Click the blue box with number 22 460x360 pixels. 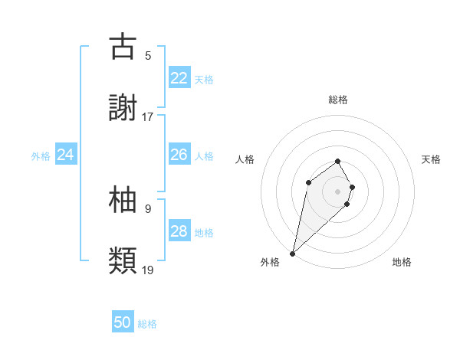(179, 78)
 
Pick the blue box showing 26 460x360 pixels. (179, 155)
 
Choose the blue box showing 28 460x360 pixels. (179, 231)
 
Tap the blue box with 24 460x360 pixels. (65, 155)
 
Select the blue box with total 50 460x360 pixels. (123, 322)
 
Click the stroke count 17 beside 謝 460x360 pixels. (148, 117)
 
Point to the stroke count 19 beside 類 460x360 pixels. (148, 270)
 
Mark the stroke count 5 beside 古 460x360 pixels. (148, 55)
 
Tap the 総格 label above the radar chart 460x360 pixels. (338, 100)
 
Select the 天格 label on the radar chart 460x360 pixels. (431, 159)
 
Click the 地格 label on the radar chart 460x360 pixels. (402, 262)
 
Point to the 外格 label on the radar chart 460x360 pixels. (270, 262)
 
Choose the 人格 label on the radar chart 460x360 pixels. (245, 159)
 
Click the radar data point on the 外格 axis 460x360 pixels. (292, 253)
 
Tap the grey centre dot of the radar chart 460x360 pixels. (338, 191)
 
